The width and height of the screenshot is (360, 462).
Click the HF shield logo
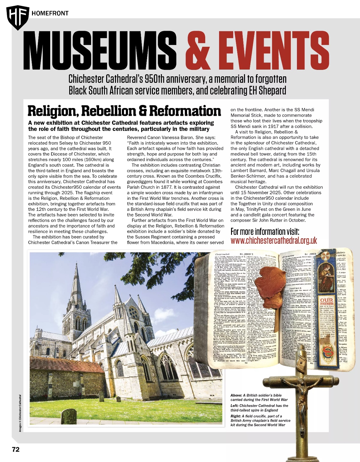pyautogui.click(x=18, y=17)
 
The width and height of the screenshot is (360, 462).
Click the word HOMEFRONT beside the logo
pyautogui.click(x=50, y=13)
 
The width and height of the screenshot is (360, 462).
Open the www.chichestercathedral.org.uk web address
pyautogui.click(x=274, y=241)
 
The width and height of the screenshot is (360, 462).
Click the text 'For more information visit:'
pyautogui.click(x=265, y=231)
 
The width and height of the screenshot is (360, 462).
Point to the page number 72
pyautogui.click(x=16, y=449)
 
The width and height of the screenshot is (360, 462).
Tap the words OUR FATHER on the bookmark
pyautogui.click(x=327, y=301)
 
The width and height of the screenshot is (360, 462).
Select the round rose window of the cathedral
pyautogui.click(x=134, y=313)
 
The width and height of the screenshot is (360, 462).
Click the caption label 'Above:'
pyautogui.click(x=236, y=395)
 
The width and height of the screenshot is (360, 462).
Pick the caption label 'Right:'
pyautogui.click(x=235, y=416)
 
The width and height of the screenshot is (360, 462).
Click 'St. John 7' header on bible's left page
pyautogui.click(x=246, y=254)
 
